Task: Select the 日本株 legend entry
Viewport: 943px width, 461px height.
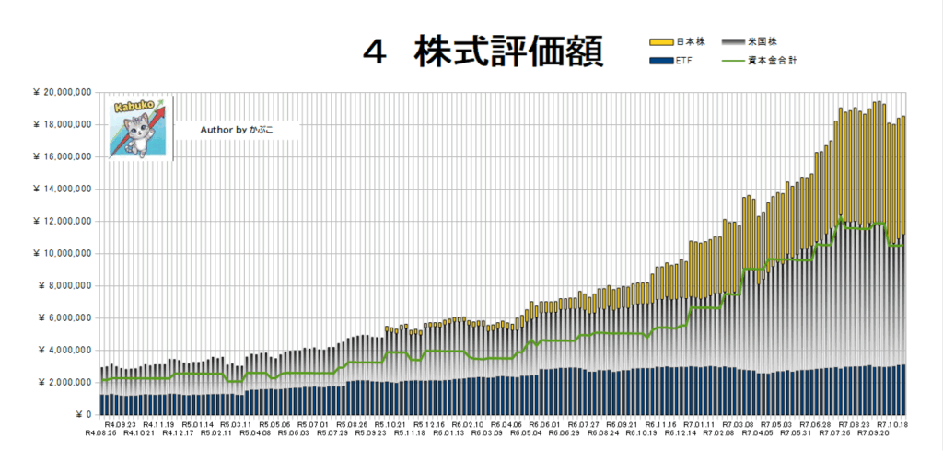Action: (691, 41)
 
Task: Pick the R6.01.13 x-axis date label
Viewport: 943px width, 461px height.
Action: (447, 432)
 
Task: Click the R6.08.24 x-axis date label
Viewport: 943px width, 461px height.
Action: (601, 432)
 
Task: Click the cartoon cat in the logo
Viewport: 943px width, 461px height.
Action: (136, 133)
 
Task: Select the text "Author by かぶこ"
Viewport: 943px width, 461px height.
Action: (236, 130)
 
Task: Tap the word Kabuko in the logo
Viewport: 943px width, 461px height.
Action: (129, 107)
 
